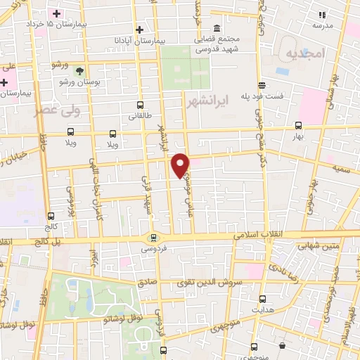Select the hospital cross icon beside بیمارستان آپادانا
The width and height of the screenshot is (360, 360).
141,30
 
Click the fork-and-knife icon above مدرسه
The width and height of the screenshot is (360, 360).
323,14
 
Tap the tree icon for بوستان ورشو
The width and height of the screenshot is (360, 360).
80,71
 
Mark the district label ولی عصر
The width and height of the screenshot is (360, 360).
59,110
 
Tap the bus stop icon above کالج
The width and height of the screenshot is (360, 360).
51,217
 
